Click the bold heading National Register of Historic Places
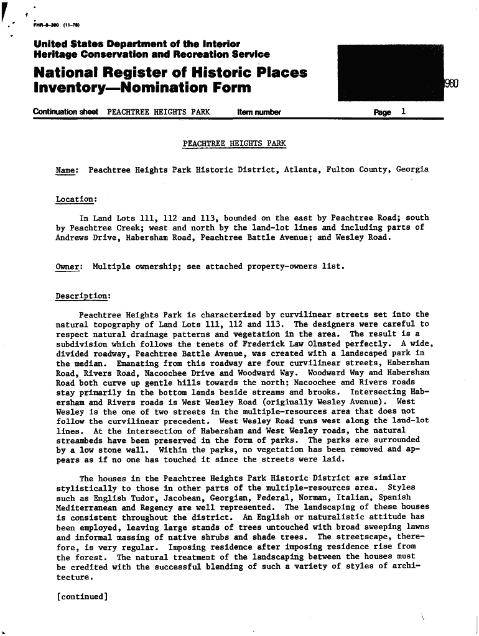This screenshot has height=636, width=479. (170, 73)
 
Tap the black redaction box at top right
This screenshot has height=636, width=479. (389, 73)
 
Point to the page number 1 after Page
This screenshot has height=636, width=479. (404, 112)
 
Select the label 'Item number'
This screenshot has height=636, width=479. (259, 112)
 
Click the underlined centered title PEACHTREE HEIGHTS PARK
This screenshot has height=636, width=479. (235, 143)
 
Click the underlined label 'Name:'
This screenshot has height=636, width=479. (67, 170)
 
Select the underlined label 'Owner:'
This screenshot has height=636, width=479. (68, 266)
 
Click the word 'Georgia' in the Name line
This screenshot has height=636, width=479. (412, 170)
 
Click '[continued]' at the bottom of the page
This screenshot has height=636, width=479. (82, 597)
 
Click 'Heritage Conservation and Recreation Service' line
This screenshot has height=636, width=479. (152, 55)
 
